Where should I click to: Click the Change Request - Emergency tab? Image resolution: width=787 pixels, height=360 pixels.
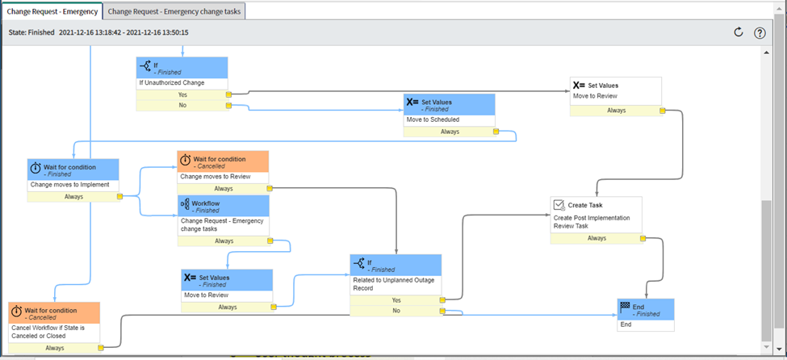(52, 11)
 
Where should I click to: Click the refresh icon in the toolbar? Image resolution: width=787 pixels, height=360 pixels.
(738, 32)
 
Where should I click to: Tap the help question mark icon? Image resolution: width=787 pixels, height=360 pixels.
(760, 32)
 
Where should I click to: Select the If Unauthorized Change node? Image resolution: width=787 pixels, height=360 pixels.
(182, 73)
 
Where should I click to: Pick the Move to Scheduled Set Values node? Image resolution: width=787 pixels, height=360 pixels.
(449, 110)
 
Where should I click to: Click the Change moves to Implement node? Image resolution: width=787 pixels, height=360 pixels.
(73, 174)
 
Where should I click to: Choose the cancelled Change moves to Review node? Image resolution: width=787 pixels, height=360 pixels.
(223, 166)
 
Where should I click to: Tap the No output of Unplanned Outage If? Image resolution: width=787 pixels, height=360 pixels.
(396, 310)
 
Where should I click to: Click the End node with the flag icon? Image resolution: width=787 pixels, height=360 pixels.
(645, 311)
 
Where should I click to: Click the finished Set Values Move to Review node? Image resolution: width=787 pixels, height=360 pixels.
(227, 284)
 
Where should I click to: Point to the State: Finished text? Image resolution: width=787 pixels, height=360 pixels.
(31, 32)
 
